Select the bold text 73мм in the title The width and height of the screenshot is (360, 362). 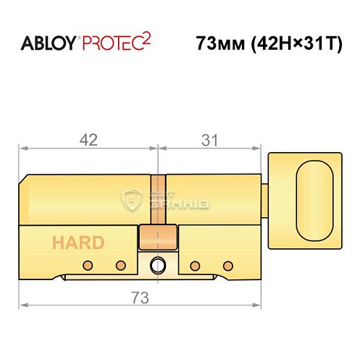(x=218, y=43)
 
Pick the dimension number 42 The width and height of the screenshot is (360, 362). (x=88, y=141)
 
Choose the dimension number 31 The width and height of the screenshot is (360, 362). (x=209, y=141)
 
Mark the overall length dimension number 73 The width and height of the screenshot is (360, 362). (x=139, y=297)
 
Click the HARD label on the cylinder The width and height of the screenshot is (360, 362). (x=78, y=243)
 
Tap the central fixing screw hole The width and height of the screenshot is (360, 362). (x=157, y=265)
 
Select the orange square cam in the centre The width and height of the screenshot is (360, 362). (x=158, y=236)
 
